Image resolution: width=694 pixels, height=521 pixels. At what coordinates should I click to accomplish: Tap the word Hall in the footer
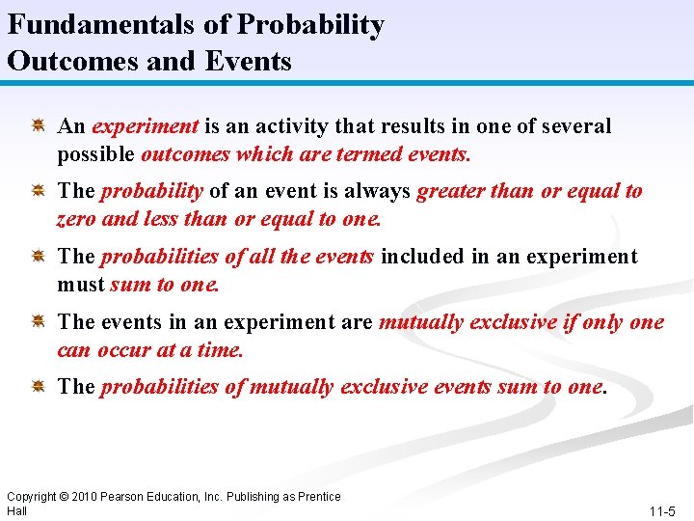point(16,510)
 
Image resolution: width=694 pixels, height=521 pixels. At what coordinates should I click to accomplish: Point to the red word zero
point(76,219)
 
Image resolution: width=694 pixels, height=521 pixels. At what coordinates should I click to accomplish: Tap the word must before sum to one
point(81,285)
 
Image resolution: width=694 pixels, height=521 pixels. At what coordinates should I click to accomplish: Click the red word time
point(221,349)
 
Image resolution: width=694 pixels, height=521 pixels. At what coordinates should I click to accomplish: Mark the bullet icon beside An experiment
point(40,125)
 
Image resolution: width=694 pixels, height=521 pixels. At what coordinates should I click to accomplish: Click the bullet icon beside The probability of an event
point(40,191)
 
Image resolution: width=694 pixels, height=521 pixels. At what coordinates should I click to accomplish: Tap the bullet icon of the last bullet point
point(40,386)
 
